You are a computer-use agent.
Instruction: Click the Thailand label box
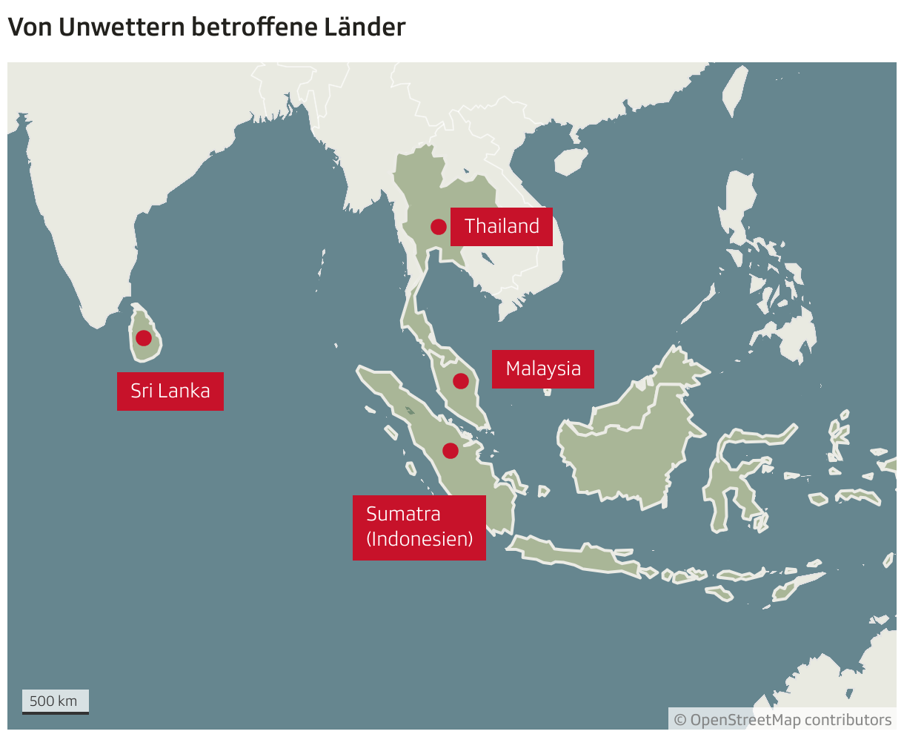point(502,226)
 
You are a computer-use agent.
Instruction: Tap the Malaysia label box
point(542,368)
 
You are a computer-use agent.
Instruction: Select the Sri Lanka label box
point(170,391)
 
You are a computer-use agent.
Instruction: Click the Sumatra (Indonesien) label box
point(419,526)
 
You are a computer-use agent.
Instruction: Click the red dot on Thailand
point(438,227)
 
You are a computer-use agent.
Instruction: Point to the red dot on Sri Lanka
point(144,338)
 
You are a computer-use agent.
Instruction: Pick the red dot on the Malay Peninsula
point(460,381)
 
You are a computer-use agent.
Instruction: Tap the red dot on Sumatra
point(450,450)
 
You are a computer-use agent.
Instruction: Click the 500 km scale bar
point(55,701)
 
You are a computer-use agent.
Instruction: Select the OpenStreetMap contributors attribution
point(782,719)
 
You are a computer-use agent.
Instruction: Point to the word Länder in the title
point(365,27)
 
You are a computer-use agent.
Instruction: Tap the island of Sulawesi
point(730,482)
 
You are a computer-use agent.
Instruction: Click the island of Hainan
point(571,160)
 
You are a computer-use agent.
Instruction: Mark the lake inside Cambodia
point(487,258)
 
